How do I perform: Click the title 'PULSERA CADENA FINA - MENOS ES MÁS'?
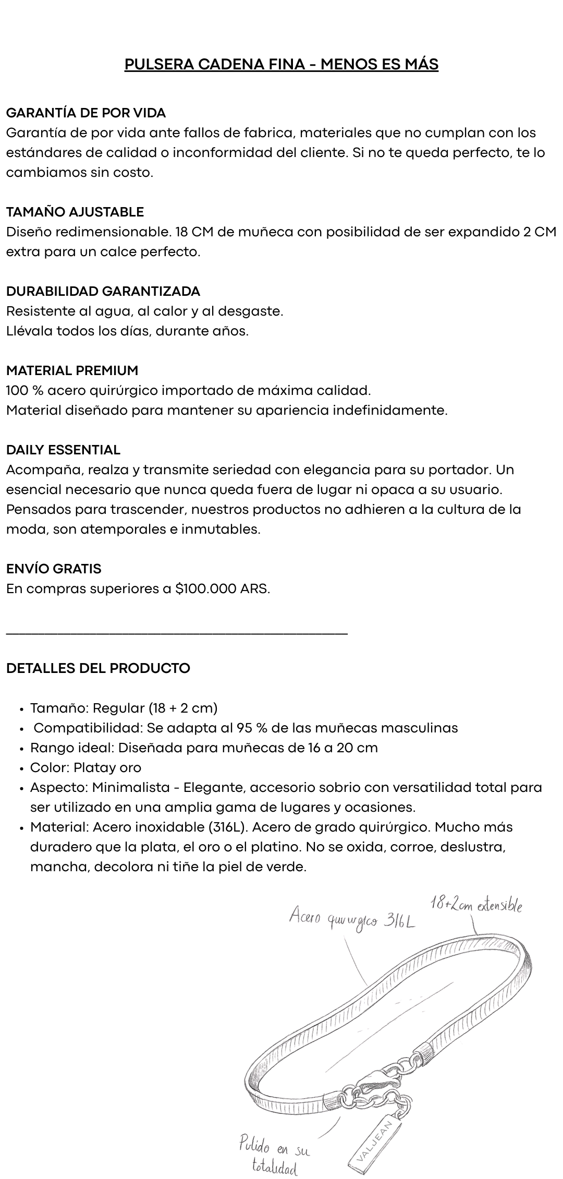tap(281, 64)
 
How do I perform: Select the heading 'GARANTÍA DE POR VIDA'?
tap(86, 113)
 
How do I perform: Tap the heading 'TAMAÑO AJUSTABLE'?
tap(75, 212)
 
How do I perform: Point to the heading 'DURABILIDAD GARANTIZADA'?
tap(103, 291)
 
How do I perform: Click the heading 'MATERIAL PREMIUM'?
tap(72, 370)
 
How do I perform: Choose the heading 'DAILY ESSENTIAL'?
tap(63, 450)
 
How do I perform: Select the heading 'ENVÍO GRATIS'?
tap(54, 569)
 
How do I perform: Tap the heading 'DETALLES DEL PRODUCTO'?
tap(98, 668)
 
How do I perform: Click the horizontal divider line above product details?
tap(177, 633)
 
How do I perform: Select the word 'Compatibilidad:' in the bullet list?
tap(88, 728)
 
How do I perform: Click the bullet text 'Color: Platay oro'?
tap(85, 767)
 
